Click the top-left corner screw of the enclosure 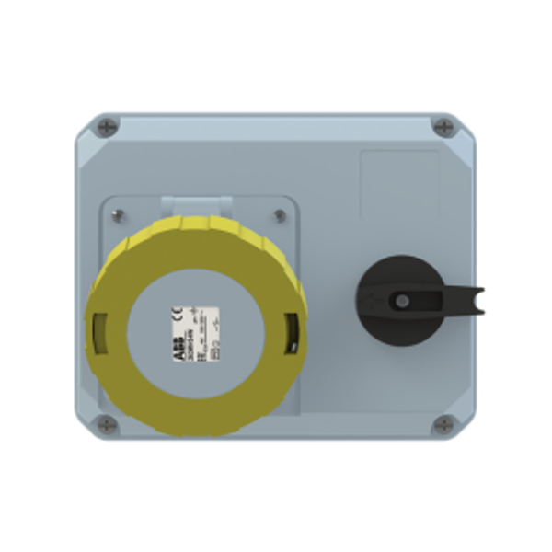coord(109,125)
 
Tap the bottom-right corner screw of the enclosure coord(443,425)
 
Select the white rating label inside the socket coord(195,331)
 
